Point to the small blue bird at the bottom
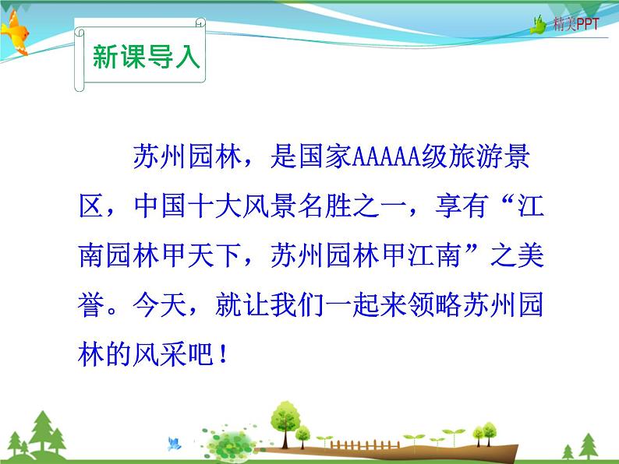[173, 445]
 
